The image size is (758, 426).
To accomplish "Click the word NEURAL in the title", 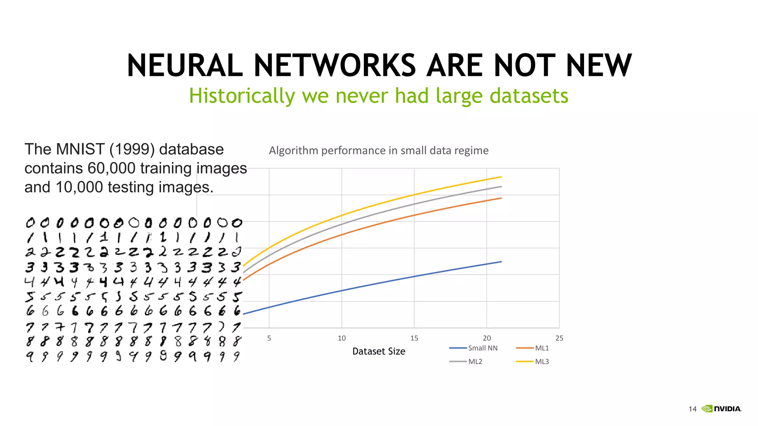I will pos(185,65).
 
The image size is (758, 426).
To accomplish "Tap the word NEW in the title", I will pos(599,65).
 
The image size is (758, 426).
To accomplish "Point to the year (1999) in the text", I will pos(132,149).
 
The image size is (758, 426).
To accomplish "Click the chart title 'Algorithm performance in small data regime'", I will pos(379,151).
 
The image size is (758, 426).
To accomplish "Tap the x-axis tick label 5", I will pos(269,338).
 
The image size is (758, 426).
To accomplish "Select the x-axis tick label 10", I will pos(342,338).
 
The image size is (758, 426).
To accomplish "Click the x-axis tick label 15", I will pos(414,338).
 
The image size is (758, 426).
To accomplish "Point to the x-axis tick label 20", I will pos(487,338).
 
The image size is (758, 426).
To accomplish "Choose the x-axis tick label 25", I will pos(559,338).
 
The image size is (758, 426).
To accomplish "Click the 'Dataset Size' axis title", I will pos(379,351).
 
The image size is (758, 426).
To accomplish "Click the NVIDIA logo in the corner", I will pos(722,409).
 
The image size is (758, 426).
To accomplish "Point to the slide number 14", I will pos(692,409).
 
